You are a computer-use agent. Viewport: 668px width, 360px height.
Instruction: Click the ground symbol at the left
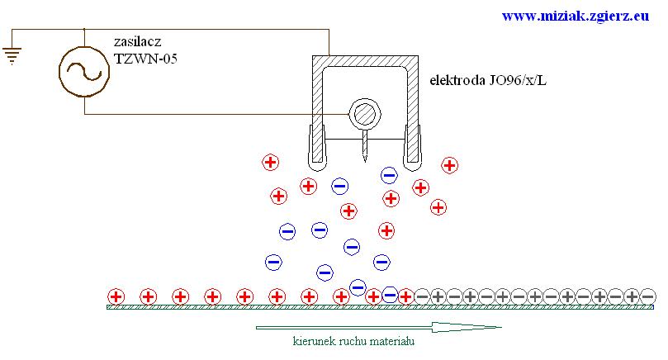[12, 55]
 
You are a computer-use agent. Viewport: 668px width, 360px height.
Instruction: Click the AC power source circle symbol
[84, 70]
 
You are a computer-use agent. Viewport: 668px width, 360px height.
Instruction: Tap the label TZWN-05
[145, 59]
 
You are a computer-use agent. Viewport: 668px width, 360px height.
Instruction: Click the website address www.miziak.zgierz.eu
[576, 15]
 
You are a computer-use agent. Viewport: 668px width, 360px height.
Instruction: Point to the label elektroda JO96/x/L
[488, 81]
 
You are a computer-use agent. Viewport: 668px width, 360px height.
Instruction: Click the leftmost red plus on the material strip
[116, 296]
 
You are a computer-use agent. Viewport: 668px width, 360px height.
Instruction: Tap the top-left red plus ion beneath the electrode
[270, 162]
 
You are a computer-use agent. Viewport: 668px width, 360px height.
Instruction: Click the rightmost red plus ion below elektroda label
[449, 165]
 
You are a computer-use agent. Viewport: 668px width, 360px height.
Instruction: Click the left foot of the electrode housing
[315, 144]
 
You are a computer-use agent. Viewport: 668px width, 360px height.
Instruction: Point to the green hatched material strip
[248, 307]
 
